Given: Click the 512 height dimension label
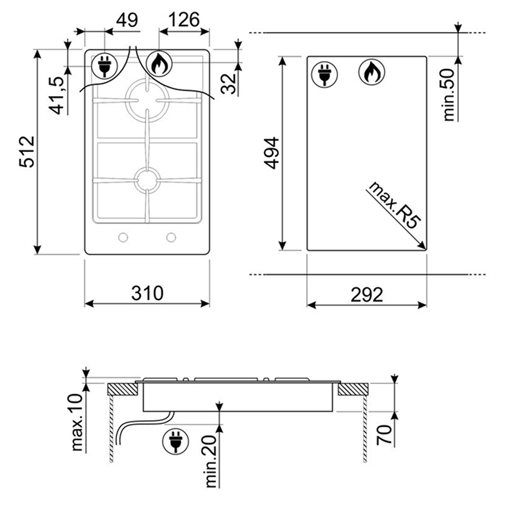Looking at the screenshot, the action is pos(27,151).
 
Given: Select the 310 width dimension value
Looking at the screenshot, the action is pos(147,293).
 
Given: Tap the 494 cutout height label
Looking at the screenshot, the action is pos(271,153).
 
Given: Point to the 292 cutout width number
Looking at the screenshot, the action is pos(366,294).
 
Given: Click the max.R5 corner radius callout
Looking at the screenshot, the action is pos(395,205).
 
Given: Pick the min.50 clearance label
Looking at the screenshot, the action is pos(449,95).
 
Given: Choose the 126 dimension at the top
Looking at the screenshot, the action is pos(184,20).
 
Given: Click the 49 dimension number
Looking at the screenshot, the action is pos(127,20).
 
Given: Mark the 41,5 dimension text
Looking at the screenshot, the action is pos(57,96).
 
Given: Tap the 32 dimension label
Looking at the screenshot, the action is pos(228,84).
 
